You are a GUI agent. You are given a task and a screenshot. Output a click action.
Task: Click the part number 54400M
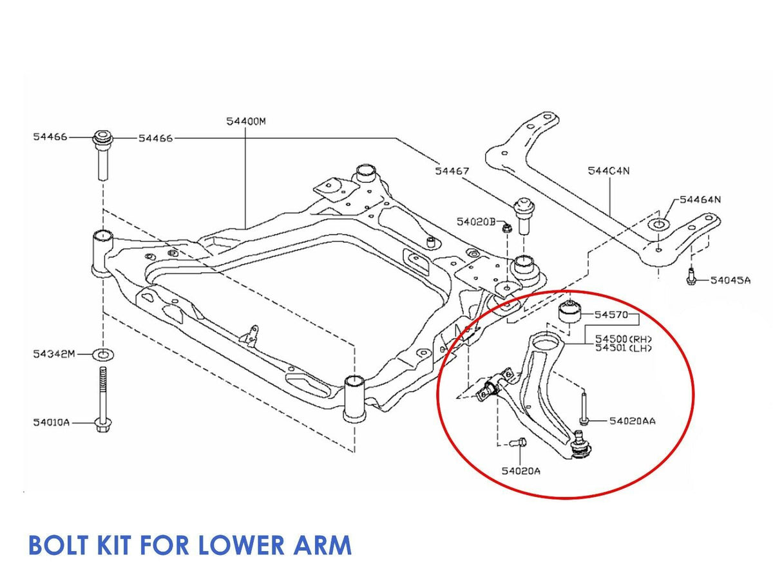point(245,121)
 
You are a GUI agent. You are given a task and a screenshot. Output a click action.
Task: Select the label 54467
point(452,171)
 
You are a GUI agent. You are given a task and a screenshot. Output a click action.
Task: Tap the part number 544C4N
point(608,171)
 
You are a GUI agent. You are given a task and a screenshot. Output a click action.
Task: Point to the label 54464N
point(700,200)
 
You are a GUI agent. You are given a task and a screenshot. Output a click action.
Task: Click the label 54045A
point(730,280)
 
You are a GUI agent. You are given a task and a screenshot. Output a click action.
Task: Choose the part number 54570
point(610,315)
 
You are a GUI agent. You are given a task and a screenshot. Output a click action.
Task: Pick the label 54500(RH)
point(624,339)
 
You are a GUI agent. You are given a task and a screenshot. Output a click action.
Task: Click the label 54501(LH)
point(624,348)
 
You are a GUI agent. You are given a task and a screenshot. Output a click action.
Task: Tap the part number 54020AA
point(633,421)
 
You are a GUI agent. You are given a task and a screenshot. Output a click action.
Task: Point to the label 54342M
point(54,354)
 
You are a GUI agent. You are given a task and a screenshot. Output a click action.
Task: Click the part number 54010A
point(51,423)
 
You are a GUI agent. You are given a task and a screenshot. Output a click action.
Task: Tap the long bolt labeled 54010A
point(102,399)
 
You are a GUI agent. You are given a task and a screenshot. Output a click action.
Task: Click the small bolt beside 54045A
point(691,278)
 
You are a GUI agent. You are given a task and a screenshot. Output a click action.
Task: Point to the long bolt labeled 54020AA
point(583,408)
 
